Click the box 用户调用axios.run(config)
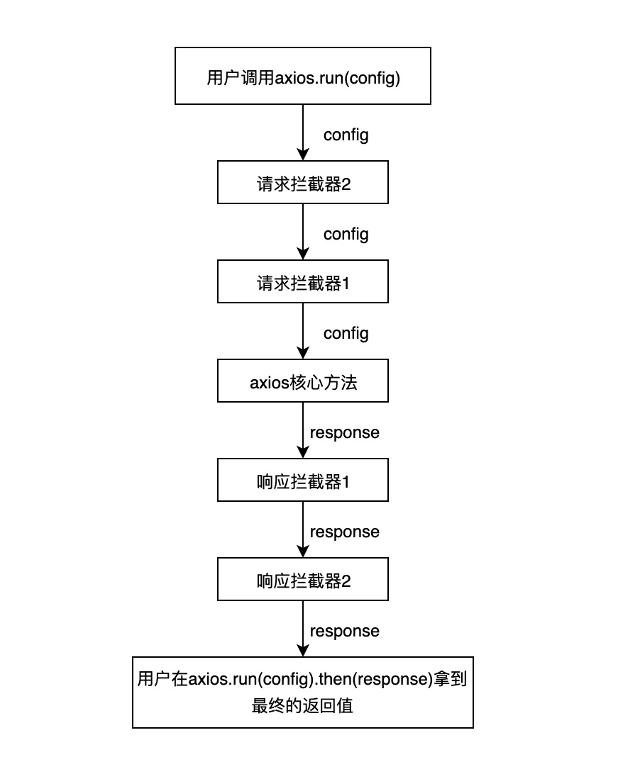tap(303, 76)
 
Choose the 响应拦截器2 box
tap(303, 582)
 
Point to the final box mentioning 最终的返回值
tap(303, 692)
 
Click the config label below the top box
tap(346, 135)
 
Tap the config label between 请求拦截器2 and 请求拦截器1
tap(346, 235)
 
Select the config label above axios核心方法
tap(346, 334)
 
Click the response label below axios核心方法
tap(345, 432)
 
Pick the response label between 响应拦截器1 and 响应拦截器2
tap(345, 532)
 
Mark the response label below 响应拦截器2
tap(345, 631)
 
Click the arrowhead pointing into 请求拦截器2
tap(303, 155)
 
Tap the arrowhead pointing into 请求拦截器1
tap(303, 254)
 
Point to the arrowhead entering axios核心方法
tap(303, 353)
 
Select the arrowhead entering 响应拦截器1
tap(303, 452)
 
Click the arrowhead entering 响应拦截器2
tap(303, 551)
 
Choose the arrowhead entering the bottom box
tap(303, 651)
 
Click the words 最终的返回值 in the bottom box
tap(303, 706)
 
